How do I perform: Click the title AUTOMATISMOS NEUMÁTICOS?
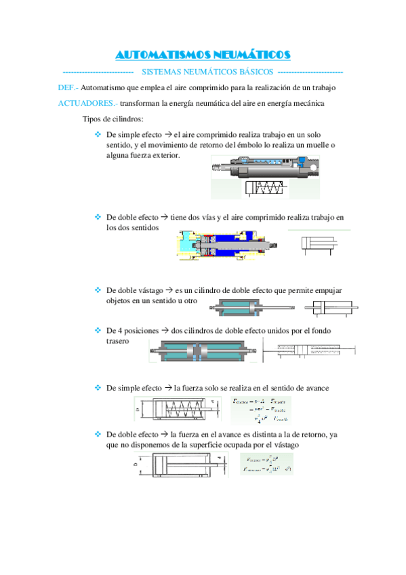pyautogui.click(x=203, y=54)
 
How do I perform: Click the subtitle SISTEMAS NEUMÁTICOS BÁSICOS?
pyautogui.click(x=207, y=72)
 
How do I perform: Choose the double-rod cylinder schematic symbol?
pyautogui.click(x=328, y=309)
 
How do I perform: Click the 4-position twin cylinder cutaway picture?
pyautogui.click(x=203, y=352)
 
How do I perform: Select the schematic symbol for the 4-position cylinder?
pyautogui.click(x=308, y=351)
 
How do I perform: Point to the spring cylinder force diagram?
pyautogui.click(x=178, y=410)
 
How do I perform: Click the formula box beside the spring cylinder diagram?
pyautogui.click(x=260, y=410)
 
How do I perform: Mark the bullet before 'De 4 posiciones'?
pyautogui.click(x=98, y=330)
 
